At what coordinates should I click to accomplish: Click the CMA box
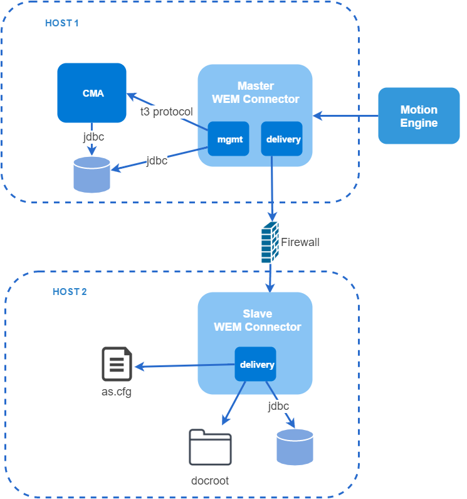(92, 93)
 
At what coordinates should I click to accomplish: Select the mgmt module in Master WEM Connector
(228, 139)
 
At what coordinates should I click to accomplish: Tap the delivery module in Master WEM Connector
(281, 139)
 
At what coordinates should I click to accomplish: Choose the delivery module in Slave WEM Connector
(255, 364)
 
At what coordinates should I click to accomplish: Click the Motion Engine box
(419, 116)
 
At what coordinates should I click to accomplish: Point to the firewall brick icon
(270, 242)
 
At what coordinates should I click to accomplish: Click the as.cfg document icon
(117, 364)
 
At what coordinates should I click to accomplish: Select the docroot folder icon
(210, 447)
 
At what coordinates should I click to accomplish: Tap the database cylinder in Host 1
(92, 174)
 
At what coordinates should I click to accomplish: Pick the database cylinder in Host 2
(295, 447)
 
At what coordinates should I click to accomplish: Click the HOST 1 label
(61, 23)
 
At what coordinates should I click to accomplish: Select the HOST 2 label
(70, 292)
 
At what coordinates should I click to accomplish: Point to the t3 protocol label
(167, 112)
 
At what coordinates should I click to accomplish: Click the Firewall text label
(300, 242)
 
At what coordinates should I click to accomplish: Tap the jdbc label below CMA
(93, 137)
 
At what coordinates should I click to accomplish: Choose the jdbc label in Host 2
(278, 406)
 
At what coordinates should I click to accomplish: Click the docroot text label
(210, 481)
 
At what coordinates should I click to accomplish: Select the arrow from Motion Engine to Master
(345, 116)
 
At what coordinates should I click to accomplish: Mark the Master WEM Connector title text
(256, 93)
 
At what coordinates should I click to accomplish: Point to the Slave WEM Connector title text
(257, 321)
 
